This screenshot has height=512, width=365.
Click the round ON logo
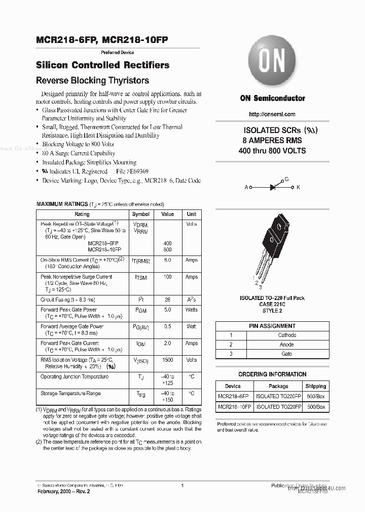pos(272,63)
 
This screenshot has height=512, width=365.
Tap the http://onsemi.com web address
pos(272,114)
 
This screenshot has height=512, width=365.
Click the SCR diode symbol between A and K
pos(272,187)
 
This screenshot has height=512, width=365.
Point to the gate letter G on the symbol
pos(286,180)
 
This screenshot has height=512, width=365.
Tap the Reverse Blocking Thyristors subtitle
pos(93,80)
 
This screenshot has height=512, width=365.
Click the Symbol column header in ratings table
pos(141,214)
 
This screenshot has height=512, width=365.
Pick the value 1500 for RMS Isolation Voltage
pos(168,360)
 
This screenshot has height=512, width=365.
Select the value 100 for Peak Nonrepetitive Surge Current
pos(168,277)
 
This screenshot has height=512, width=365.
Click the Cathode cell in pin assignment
pos(287,335)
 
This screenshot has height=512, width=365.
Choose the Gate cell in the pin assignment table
pos(287,354)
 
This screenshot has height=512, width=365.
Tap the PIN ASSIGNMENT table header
pos(272,326)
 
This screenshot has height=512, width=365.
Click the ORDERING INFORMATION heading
pos(272,374)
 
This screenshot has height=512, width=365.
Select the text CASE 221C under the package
pos(272,305)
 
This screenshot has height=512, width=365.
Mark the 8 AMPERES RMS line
pos(272,140)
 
